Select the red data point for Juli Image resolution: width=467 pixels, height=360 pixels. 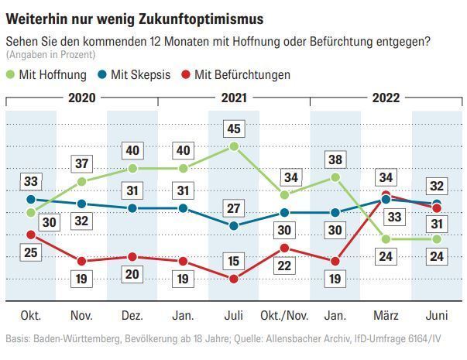tap(234, 279)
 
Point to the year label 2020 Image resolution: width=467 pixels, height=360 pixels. tap(81, 98)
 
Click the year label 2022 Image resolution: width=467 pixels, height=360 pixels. tap(386, 98)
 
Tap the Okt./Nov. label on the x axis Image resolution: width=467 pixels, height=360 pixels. tap(284, 316)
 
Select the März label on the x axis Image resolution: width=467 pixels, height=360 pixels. tap(386, 316)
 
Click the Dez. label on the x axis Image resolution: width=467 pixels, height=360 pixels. tap(132, 316)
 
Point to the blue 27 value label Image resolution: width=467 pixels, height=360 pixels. tap(234, 207)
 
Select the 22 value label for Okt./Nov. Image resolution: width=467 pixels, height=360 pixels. tap(284, 266)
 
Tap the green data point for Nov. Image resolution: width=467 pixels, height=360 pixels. tap(81, 182)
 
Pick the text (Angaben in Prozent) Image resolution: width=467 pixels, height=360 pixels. tap(51, 55)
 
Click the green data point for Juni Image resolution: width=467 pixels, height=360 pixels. tap(436, 238)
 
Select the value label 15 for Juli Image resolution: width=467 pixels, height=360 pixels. tap(234, 260)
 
